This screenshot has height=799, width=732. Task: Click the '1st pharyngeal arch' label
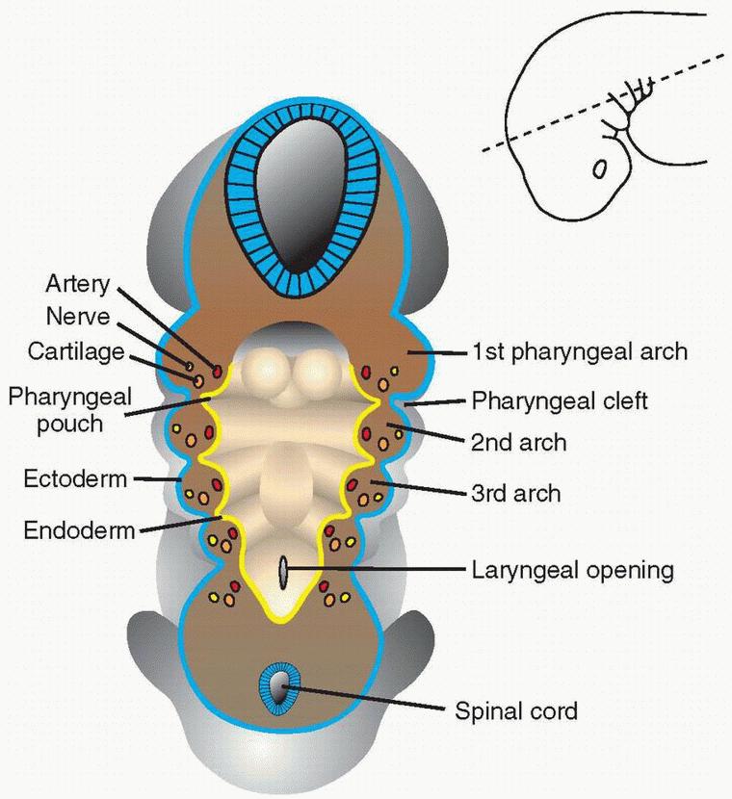(579, 351)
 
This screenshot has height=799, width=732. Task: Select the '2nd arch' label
(518, 444)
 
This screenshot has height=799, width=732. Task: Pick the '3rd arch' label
(515, 494)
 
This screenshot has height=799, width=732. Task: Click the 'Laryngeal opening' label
(572, 570)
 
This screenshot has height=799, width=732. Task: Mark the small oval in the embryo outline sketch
(600, 169)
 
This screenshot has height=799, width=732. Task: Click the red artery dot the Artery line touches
(218, 371)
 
